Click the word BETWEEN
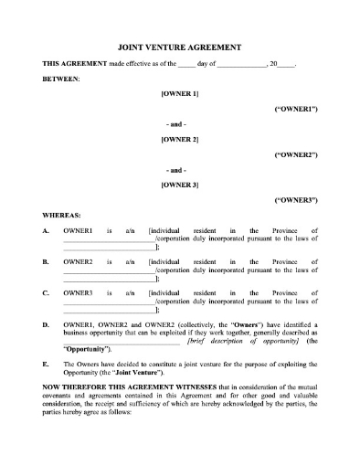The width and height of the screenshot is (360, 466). pos(61,79)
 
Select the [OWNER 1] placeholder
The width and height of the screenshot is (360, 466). pos(179,94)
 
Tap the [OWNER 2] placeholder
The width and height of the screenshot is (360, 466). pos(179,139)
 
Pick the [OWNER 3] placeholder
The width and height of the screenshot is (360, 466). pos(179,185)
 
